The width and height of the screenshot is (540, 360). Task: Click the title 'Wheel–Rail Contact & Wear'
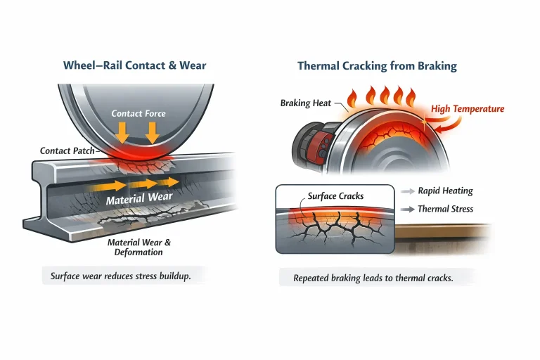click(x=134, y=66)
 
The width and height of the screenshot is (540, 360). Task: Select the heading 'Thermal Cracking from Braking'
click(x=377, y=66)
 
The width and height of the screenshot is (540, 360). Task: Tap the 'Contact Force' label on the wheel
click(x=139, y=113)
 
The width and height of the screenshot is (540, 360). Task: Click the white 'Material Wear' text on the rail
click(x=139, y=199)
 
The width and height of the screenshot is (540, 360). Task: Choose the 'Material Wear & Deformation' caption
click(x=139, y=247)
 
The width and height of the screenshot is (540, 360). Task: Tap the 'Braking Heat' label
click(x=305, y=103)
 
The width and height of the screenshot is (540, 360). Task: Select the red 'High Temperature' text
click(x=468, y=109)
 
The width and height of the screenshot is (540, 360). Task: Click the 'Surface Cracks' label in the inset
click(x=335, y=196)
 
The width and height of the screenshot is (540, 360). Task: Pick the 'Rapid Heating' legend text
click(x=445, y=191)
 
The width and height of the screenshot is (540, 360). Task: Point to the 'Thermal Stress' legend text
click(x=445, y=209)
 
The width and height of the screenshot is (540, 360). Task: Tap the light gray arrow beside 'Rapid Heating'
click(x=408, y=191)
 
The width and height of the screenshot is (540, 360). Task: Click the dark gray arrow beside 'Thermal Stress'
click(x=408, y=210)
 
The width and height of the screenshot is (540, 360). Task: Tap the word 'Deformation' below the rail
click(x=139, y=252)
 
